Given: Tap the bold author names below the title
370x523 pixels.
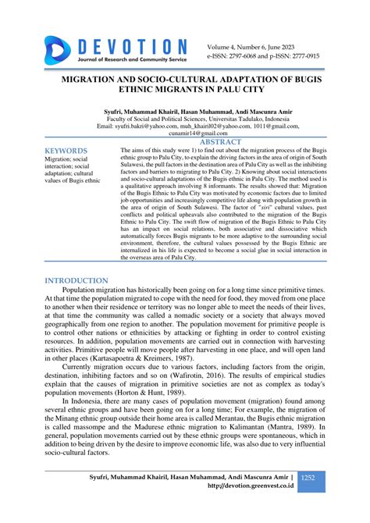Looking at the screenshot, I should [x=185, y=110].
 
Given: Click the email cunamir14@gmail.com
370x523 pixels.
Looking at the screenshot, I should [x=185, y=134].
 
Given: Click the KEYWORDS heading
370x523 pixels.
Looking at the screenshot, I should [x=66, y=150].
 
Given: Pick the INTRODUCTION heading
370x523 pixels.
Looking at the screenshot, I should [x=76, y=280].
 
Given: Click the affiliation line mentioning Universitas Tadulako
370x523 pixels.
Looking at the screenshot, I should [x=185, y=118].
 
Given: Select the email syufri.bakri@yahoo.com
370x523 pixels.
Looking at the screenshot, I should [x=131, y=126].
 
